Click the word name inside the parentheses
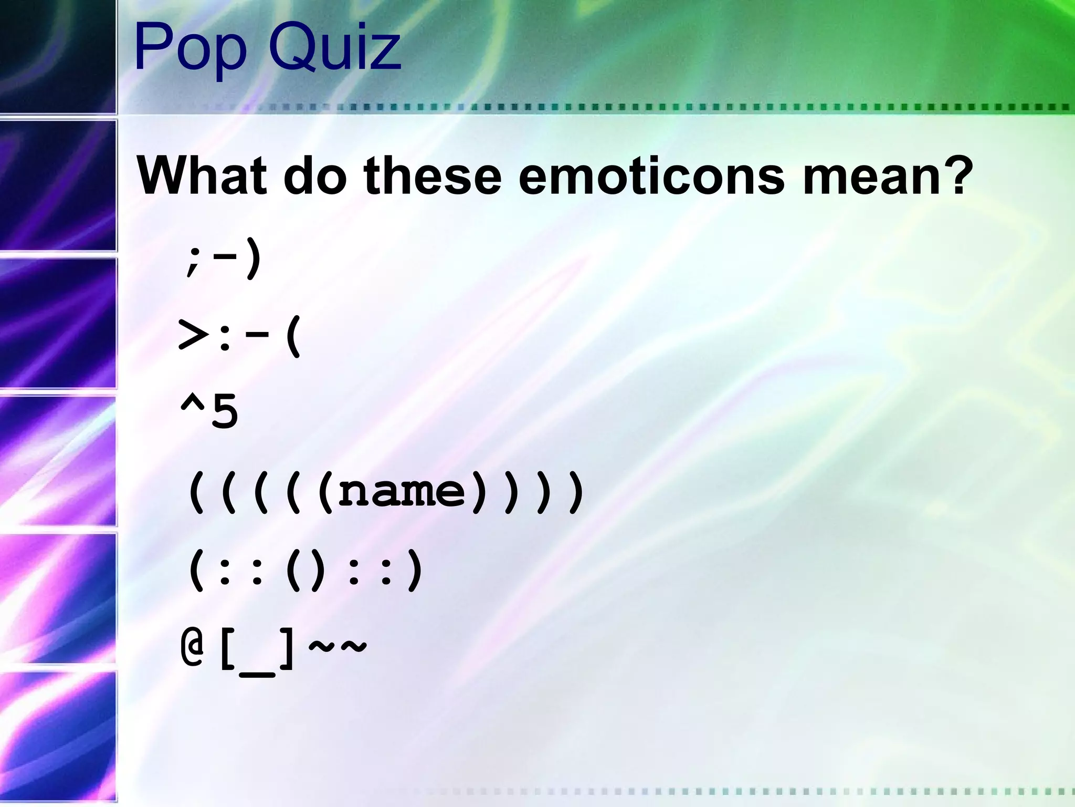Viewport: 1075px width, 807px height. [402, 491]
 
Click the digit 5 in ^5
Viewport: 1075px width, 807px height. [225, 412]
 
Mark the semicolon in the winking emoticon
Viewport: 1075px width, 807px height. [193, 261]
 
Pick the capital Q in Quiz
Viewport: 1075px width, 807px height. [294, 48]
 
